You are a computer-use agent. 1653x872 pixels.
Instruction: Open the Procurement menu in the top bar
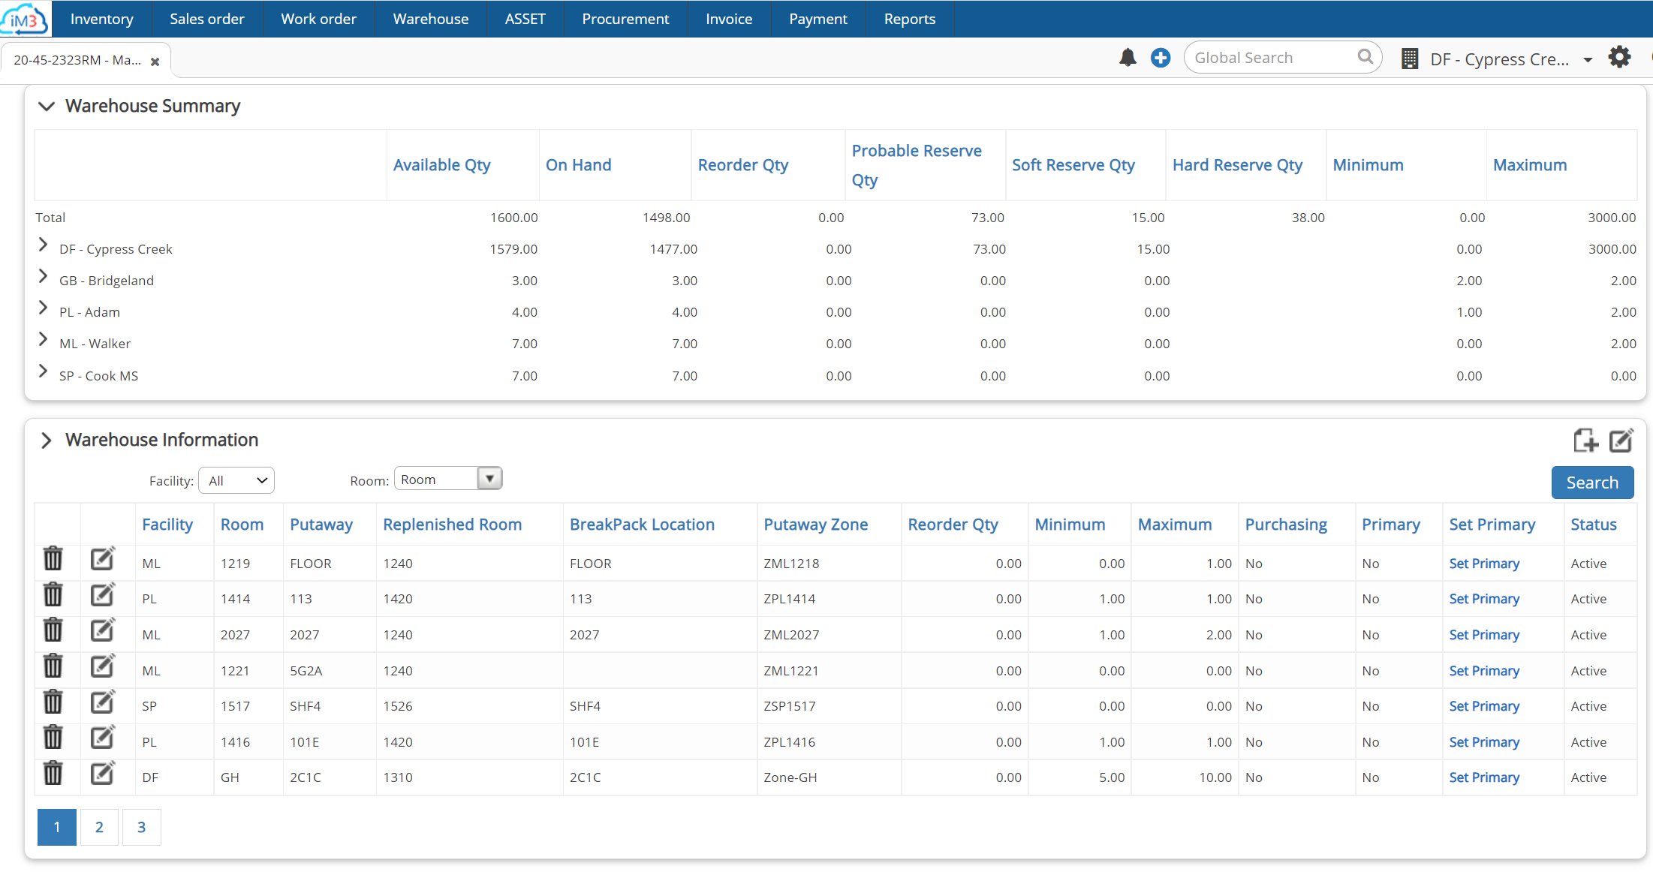(625, 19)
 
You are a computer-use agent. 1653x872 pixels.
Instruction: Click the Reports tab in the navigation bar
(909, 19)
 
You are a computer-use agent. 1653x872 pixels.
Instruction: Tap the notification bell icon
(1127, 58)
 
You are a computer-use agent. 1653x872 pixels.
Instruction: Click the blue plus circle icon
(1160, 58)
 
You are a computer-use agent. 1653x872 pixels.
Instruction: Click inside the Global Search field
(1272, 58)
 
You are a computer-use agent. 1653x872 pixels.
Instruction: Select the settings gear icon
(1619, 58)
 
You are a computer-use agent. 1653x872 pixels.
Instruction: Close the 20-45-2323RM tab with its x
(155, 62)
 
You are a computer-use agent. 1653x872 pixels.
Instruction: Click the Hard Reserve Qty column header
(1237, 165)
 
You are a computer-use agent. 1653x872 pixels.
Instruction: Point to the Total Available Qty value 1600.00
(513, 218)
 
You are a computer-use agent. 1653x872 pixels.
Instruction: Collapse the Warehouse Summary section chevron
(47, 106)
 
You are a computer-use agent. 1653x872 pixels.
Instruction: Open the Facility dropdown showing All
(236, 481)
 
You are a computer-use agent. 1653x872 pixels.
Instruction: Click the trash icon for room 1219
(53, 559)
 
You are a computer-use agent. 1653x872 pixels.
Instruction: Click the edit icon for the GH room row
(102, 773)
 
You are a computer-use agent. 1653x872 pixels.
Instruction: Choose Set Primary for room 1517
(1483, 706)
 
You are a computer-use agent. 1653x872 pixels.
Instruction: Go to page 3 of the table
(141, 827)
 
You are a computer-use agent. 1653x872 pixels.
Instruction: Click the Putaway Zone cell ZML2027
(791, 635)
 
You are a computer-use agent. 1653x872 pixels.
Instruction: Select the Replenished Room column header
(452, 525)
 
